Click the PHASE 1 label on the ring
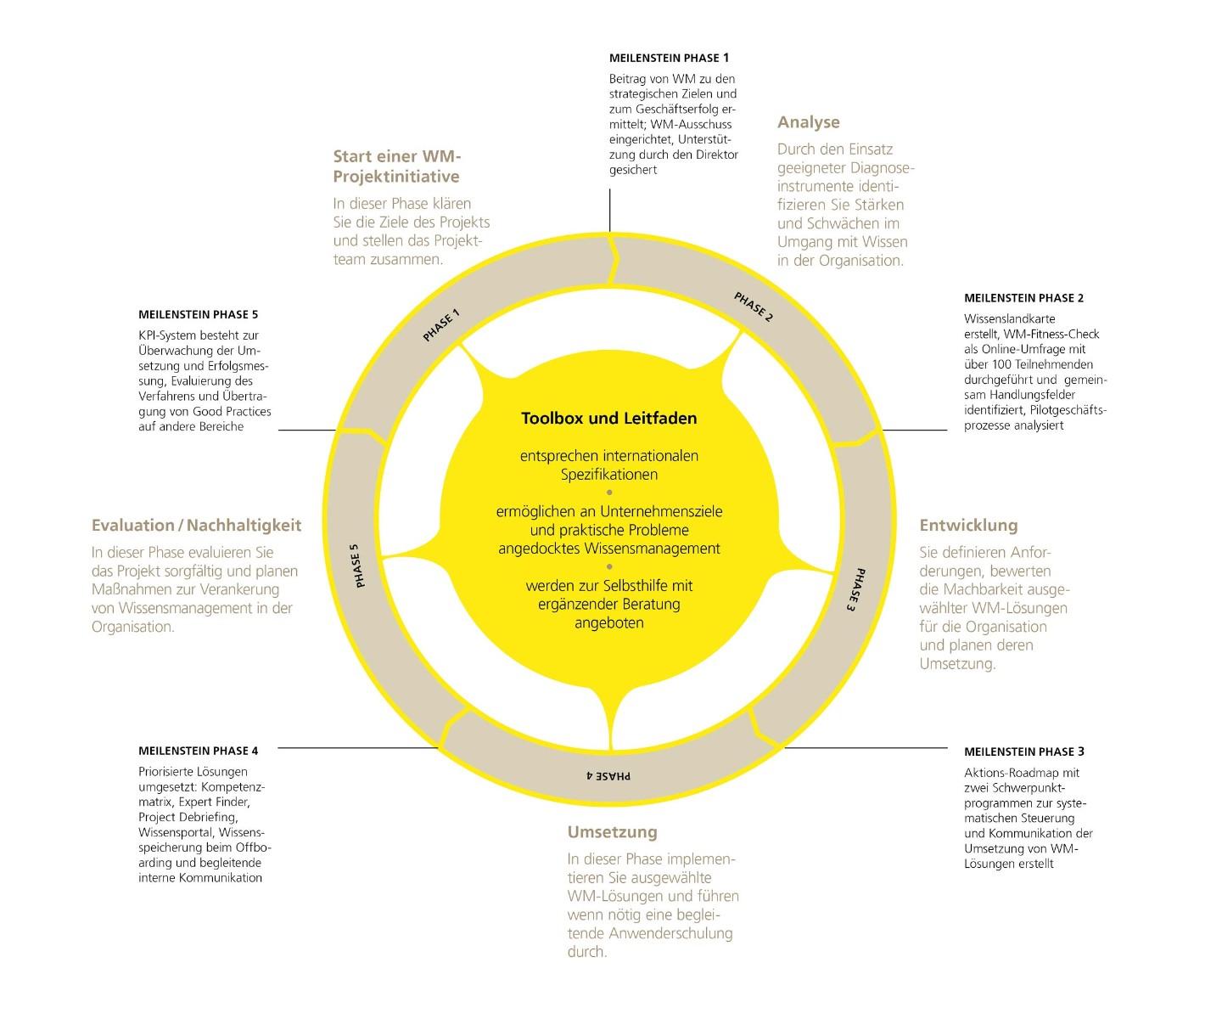(441, 325)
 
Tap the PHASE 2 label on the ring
(754, 307)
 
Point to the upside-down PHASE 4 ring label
(608, 775)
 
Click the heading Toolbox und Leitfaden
(608, 418)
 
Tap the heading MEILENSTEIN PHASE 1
(669, 58)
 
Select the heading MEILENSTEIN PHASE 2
(1023, 298)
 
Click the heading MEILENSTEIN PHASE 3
(1023, 752)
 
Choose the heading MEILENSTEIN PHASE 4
(198, 751)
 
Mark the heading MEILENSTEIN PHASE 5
(198, 314)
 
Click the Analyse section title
(808, 122)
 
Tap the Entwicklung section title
(968, 526)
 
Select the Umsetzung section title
(612, 832)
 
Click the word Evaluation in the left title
(133, 526)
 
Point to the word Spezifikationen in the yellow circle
(608, 475)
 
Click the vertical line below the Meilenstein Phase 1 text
(610, 211)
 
